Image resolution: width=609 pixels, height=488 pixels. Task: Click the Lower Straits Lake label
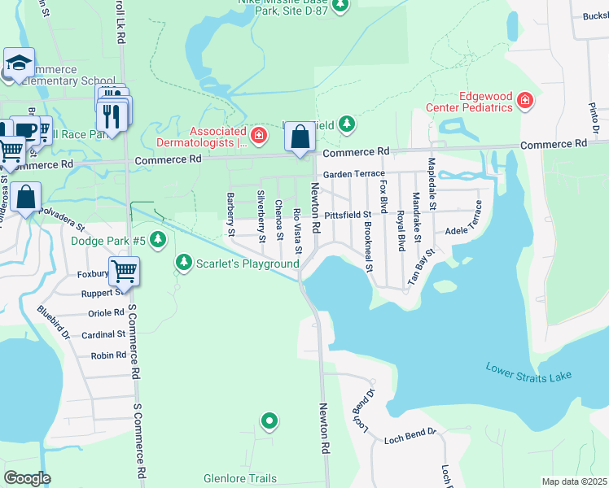528,372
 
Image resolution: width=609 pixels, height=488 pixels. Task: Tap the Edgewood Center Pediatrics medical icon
525,101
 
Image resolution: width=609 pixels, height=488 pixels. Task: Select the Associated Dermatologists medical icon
258,134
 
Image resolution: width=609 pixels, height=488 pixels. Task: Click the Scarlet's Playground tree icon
184,263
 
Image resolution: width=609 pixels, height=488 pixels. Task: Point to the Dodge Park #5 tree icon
159,240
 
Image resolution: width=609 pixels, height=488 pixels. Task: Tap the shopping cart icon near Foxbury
124,271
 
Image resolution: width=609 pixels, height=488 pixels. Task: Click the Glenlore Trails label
240,479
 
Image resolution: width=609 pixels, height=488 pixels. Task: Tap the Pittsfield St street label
348,215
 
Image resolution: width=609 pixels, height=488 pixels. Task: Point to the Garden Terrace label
353,175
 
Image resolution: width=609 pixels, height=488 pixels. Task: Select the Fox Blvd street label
383,196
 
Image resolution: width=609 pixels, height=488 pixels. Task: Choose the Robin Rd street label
108,355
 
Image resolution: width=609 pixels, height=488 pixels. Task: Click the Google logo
27,478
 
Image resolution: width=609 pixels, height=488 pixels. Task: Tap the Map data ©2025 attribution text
573,481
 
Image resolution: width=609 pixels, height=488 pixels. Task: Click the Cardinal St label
103,334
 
